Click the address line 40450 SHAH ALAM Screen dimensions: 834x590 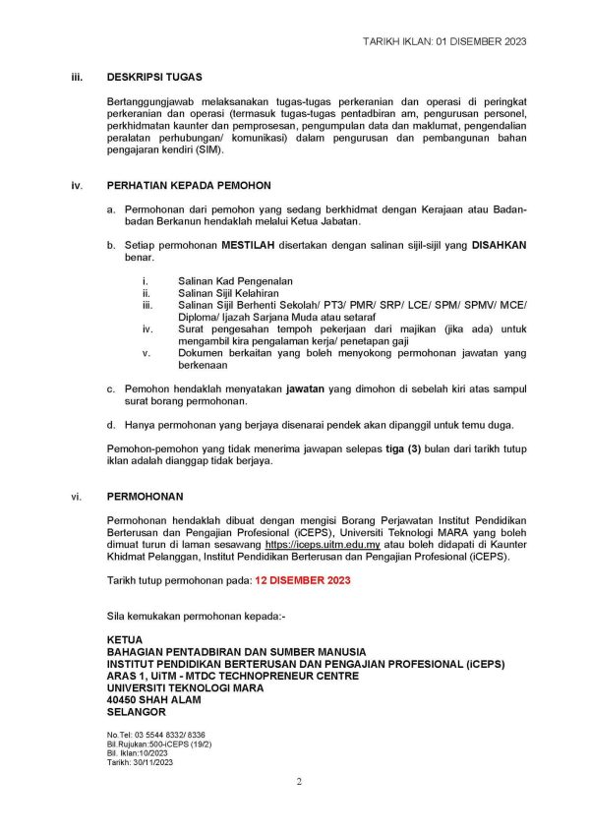click(153, 700)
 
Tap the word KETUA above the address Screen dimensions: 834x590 click(125, 638)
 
